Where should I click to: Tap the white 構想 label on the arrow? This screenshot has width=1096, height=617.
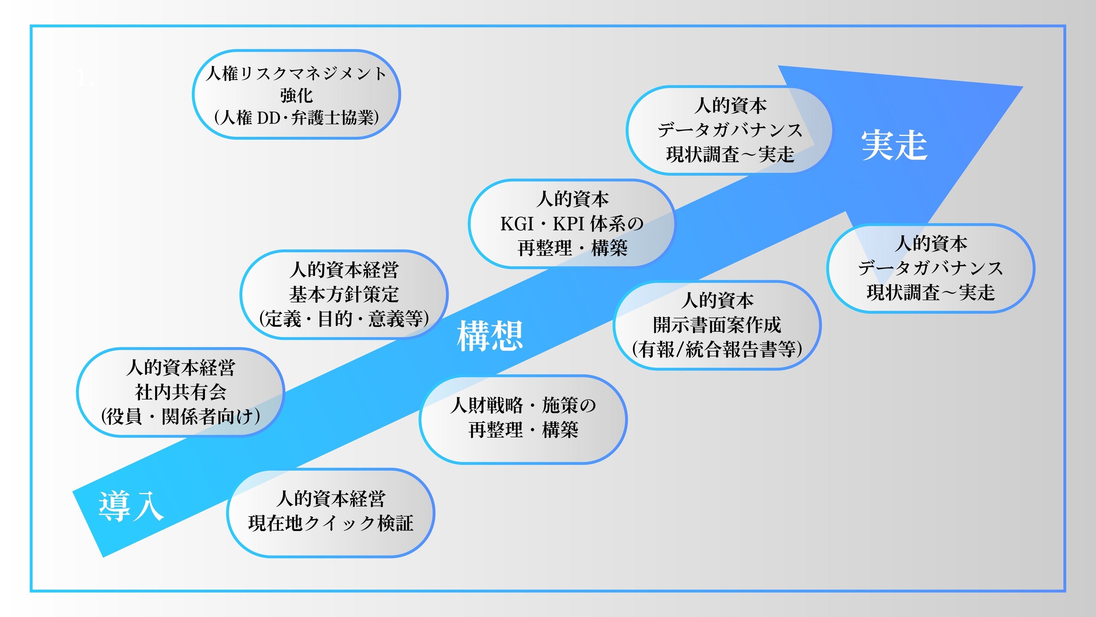[x=490, y=336]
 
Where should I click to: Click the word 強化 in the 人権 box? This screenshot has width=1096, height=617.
[x=297, y=95]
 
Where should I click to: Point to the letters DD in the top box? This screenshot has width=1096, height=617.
[x=269, y=118]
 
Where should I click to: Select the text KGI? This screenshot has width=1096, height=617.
[x=517, y=224]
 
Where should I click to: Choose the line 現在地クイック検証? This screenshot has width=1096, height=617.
[x=331, y=523]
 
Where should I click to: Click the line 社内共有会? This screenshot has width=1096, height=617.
[x=180, y=392]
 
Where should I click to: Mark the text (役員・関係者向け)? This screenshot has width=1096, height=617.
[x=180, y=416]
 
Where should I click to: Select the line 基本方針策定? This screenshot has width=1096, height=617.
[x=344, y=294]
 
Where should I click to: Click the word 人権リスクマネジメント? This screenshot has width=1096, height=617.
[x=296, y=73]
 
